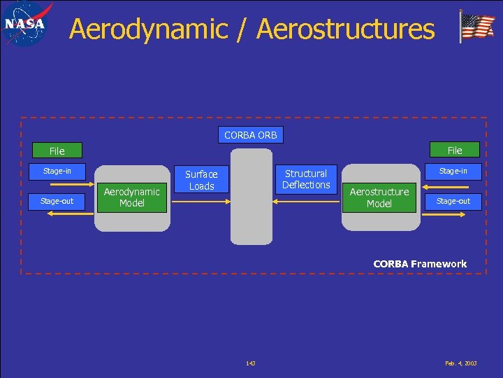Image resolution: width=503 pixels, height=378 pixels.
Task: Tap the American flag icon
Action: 477,28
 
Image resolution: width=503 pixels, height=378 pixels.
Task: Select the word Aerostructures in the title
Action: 345,29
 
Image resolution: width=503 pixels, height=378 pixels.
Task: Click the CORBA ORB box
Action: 250,134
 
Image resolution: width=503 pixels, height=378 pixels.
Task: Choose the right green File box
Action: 455,150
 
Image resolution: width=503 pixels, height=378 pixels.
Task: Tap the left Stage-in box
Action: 57,171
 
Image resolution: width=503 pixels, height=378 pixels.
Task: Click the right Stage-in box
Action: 453,171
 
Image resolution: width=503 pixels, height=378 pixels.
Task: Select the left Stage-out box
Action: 57,201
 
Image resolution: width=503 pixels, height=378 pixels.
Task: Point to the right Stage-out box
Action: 453,201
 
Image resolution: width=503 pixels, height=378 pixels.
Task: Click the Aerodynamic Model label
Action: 131,197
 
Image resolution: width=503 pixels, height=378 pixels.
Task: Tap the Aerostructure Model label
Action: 379,197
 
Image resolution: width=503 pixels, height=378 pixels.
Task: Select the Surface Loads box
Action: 201,180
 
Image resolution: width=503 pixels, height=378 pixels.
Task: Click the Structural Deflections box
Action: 306,179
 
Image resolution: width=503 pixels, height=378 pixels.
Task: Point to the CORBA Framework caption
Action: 420,264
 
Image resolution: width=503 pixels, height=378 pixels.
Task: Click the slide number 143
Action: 251,363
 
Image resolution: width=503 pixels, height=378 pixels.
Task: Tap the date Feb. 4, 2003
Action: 461,363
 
